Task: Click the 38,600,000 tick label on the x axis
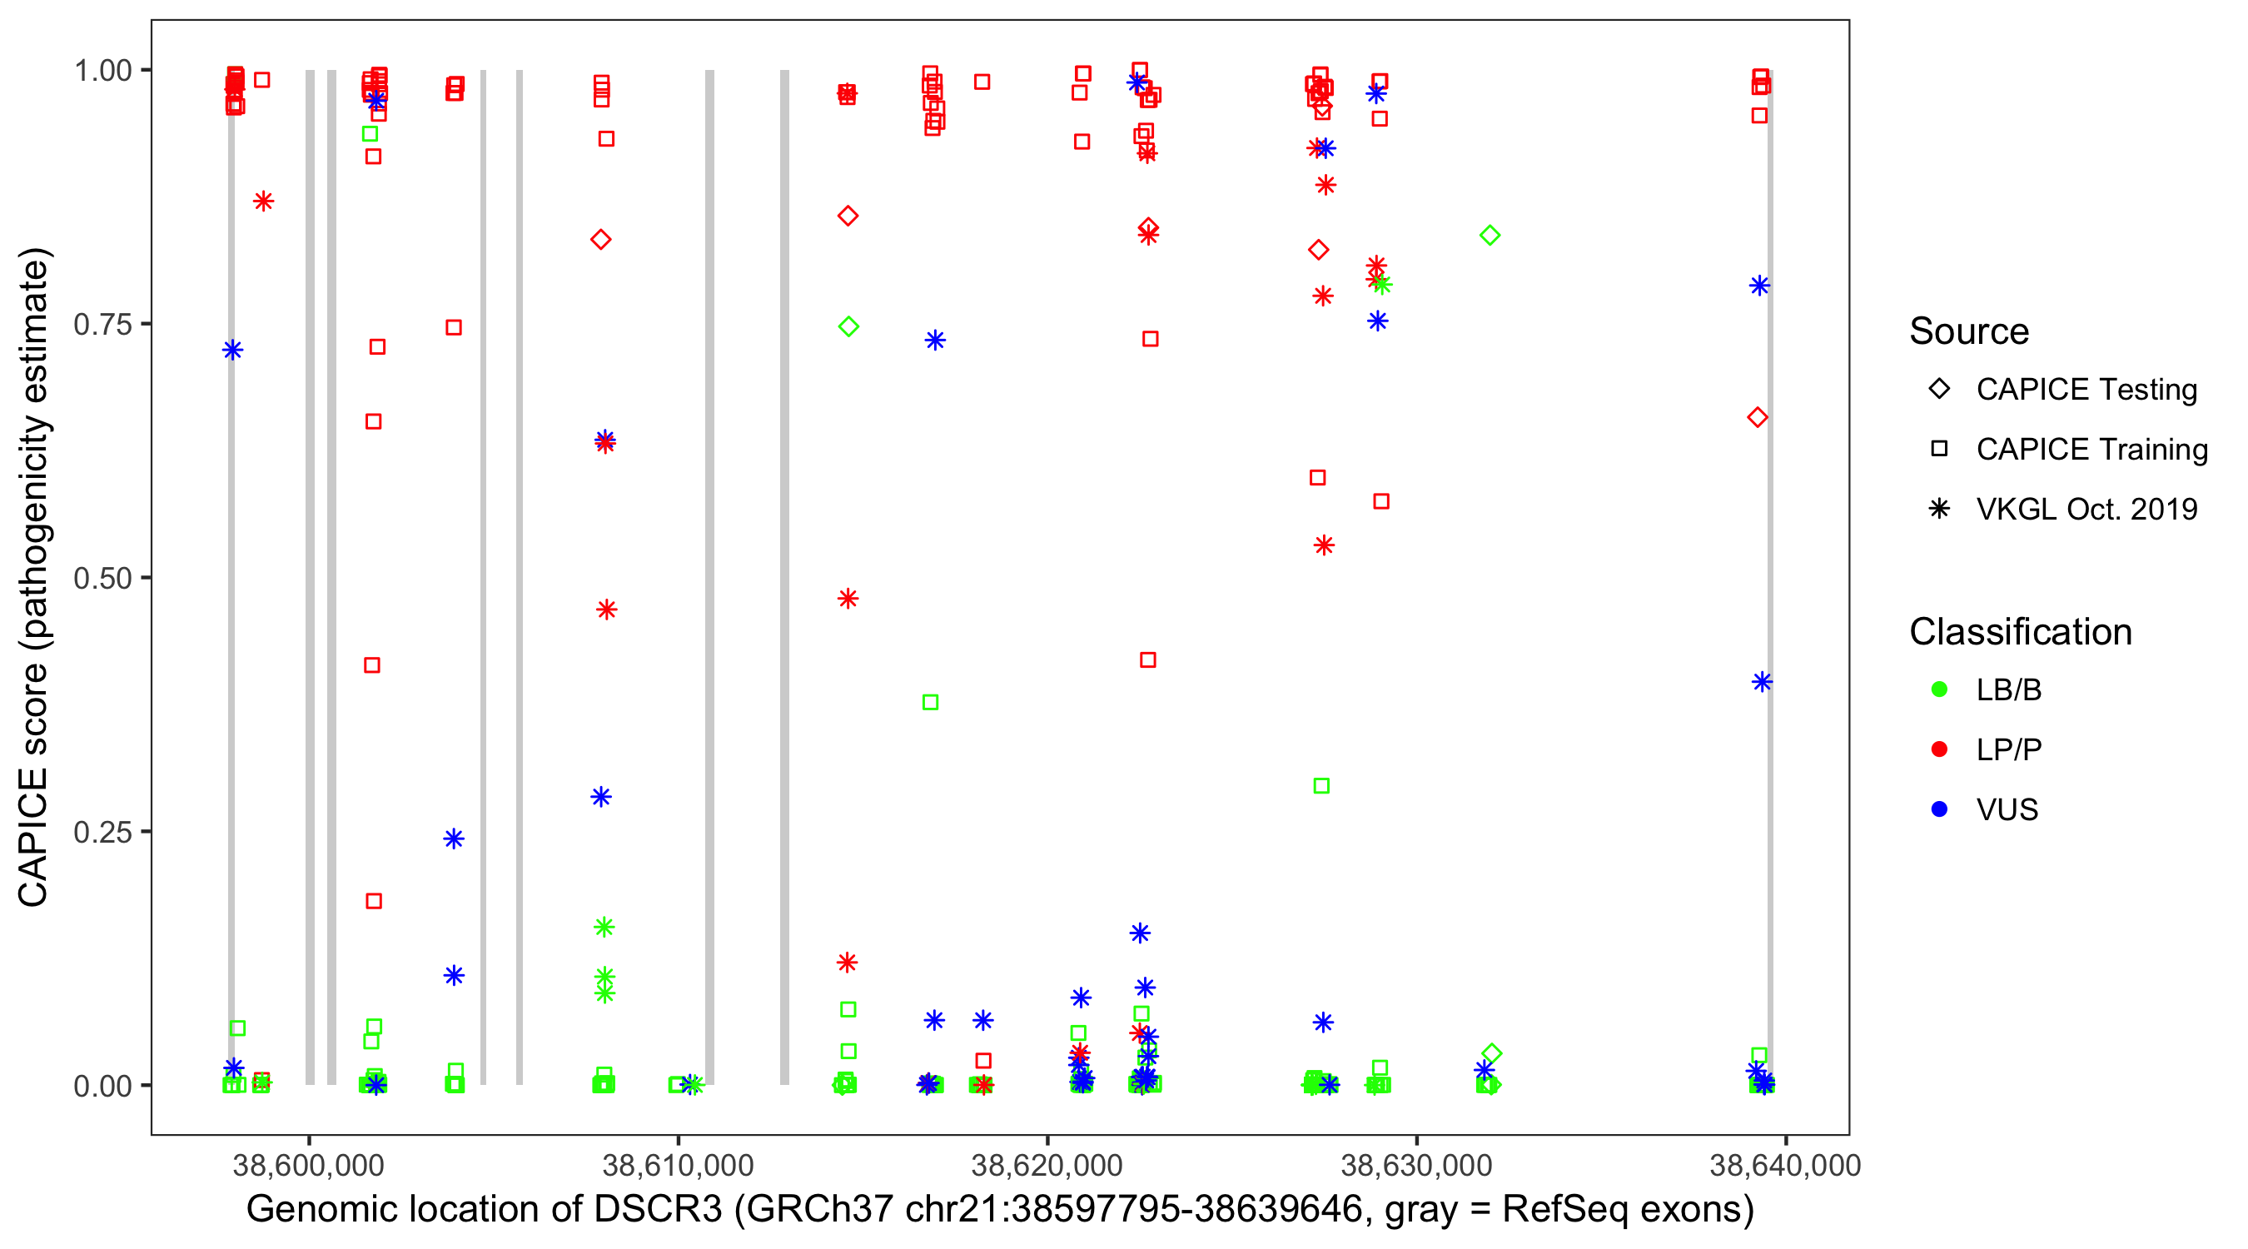308,1165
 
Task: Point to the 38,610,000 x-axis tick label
677,1165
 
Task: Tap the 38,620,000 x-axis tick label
1047,1165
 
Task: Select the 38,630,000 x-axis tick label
1415,1165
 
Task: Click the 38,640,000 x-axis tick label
1784,1165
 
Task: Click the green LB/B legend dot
1939,689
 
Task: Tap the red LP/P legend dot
1939,749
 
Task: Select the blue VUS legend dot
1939,809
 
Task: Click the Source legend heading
1969,331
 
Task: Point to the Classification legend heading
2020,632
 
